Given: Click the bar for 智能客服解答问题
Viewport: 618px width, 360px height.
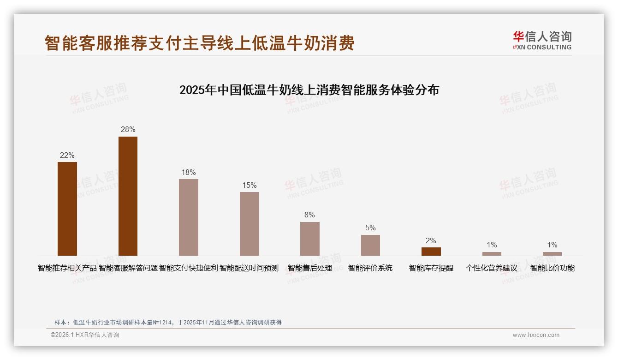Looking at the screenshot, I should pos(128,196).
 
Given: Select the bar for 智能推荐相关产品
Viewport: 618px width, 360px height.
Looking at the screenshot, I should pos(67,209).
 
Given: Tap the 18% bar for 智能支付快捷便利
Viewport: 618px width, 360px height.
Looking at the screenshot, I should pos(189,217).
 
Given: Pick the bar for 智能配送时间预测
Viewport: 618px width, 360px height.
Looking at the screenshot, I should pos(249,223).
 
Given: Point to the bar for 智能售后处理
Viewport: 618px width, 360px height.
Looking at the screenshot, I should pos(309,239).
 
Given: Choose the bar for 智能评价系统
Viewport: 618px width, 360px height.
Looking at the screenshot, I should pos(370,245).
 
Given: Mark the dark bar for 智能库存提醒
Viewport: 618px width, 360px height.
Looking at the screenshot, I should pos(431,252).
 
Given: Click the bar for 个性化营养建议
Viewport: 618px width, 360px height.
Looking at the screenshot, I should pos(492,254).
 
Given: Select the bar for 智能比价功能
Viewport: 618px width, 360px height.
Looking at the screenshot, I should pos(552,254).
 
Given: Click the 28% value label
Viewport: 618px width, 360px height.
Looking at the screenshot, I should pos(128,130).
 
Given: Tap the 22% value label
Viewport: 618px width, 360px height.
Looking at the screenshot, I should pos(67,156).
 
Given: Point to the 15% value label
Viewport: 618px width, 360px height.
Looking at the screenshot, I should pos(249,186).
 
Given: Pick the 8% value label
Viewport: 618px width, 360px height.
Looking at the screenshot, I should pos(309,215).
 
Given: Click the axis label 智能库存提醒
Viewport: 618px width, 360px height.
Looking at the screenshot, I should pos(431,268).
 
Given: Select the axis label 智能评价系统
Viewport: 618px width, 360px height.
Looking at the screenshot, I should pos(370,268).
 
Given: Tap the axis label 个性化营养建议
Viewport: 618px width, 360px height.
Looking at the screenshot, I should pos(492,268).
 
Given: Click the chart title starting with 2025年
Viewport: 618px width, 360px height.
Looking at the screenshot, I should pos(309,90).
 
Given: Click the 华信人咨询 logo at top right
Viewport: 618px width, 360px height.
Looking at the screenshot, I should pos(542,41).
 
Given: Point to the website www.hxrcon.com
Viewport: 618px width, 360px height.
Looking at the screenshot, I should pos(536,335).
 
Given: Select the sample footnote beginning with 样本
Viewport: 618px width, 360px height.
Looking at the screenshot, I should pos(168,323).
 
